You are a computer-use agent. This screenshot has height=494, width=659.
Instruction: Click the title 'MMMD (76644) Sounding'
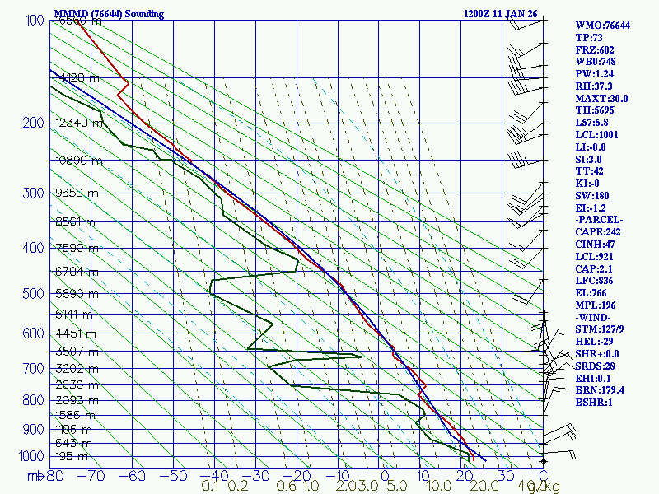point(109,14)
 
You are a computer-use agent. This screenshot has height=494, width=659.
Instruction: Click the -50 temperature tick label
point(174,475)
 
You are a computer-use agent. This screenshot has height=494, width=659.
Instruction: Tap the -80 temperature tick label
point(54,475)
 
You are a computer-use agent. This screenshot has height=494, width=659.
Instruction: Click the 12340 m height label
point(78,123)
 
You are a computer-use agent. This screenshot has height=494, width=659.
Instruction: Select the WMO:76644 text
point(602,26)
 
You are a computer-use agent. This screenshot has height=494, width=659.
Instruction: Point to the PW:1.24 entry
point(595,73)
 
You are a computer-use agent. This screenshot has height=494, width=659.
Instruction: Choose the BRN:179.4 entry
point(600,389)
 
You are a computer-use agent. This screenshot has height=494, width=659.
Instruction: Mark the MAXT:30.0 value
point(601,98)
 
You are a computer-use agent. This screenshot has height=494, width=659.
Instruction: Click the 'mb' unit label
point(35,475)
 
